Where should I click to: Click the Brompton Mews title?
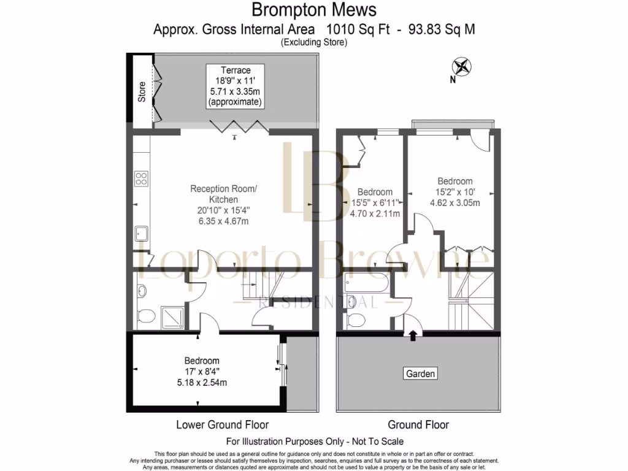pyautogui.click(x=314, y=10)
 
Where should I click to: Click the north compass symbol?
pyautogui.click(x=461, y=67)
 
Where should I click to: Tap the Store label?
pyautogui.click(x=142, y=92)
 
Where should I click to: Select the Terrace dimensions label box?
pyautogui.click(x=235, y=86)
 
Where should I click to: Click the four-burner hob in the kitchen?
pyautogui.click(x=141, y=179)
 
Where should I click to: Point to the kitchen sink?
pyautogui.click(x=141, y=234)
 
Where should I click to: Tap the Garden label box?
pyautogui.click(x=420, y=373)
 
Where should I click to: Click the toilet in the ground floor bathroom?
pyautogui.click(x=355, y=320)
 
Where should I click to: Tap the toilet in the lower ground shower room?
pyautogui.click(x=146, y=316)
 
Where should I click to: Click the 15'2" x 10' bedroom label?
pyautogui.click(x=454, y=192)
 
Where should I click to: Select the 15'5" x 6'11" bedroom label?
pyautogui.click(x=375, y=203)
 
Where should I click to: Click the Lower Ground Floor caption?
pyautogui.click(x=222, y=424)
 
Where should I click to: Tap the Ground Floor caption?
pyautogui.click(x=418, y=424)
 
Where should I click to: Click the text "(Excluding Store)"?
pyautogui.click(x=314, y=42)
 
